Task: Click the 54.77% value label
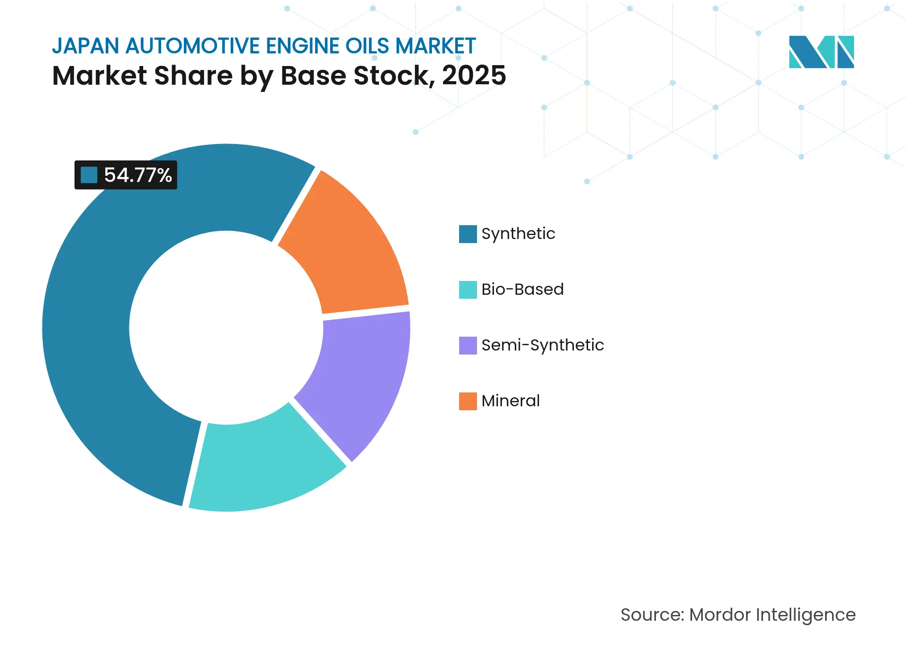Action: point(138,175)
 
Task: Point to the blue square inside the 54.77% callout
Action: point(89,175)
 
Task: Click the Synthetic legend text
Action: point(518,234)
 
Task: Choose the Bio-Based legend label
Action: point(522,289)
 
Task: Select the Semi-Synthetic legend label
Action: point(543,345)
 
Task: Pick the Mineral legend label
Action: point(510,401)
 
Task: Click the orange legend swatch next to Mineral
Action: point(468,401)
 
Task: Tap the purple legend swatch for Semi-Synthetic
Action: point(468,345)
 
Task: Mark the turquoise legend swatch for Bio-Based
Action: point(468,289)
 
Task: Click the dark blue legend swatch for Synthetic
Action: point(468,234)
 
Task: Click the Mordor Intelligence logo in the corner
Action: point(821,52)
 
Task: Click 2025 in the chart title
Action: point(474,75)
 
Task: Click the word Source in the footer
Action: point(651,615)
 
